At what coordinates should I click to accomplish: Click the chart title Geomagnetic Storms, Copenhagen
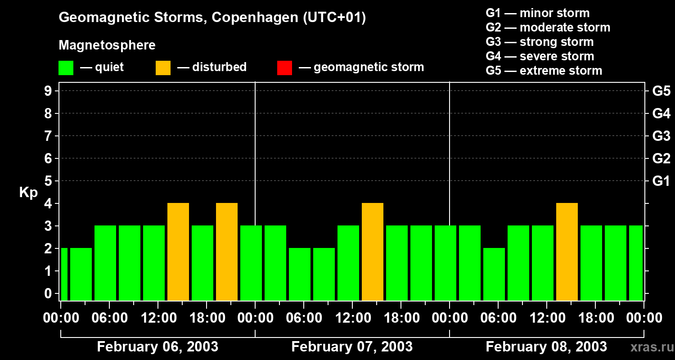(x=212, y=18)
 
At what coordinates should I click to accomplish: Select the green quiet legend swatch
(x=66, y=68)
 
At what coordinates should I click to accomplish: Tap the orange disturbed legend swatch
(x=163, y=68)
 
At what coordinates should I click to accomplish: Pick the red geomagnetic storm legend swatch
(x=284, y=68)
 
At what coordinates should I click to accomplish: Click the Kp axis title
(x=28, y=193)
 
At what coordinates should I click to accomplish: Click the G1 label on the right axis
(x=661, y=181)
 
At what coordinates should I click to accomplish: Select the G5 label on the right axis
(x=661, y=91)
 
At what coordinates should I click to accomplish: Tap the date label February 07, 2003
(x=352, y=346)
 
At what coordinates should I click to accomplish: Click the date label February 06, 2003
(x=157, y=346)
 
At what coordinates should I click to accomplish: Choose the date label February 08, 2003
(x=546, y=346)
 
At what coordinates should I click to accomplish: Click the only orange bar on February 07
(x=373, y=252)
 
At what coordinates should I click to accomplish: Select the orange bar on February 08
(x=567, y=252)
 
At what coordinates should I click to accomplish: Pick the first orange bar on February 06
(x=178, y=252)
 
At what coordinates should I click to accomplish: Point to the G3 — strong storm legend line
(x=540, y=42)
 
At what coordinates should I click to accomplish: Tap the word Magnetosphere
(x=107, y=45)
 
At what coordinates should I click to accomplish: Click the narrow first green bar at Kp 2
(x=64, y=274)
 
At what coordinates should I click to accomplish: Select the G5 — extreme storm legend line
(x=544, y=71)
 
